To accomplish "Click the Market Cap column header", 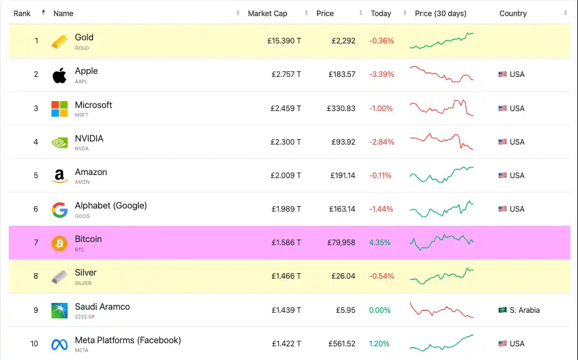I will [267, 14].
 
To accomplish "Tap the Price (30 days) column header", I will [440, 14].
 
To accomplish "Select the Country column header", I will [513, 14].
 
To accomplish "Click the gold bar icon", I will [60, 42].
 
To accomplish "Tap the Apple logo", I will [60, 75].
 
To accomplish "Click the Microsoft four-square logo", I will [60, 109].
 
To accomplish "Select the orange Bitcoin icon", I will [60, 243].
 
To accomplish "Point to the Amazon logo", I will [60, 176].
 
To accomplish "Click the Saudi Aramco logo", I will [60, 310].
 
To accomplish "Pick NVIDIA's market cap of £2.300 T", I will [286, 142].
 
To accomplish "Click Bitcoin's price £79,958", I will [341, 243].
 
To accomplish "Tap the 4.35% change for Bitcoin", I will [380, 243].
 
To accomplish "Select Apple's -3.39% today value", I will [381, 74].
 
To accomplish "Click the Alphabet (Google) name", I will [111, 205].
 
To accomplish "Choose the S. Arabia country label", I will [524, 310].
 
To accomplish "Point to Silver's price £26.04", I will [343, 276].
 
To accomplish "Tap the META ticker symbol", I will [82, 350].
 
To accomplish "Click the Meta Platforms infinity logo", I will [60, 344].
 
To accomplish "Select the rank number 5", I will [36, 176].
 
